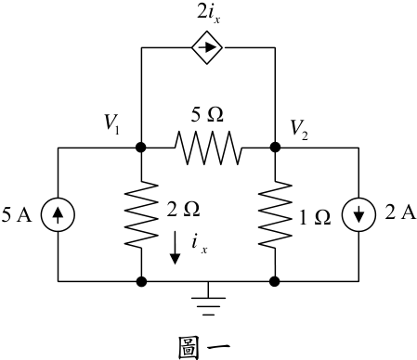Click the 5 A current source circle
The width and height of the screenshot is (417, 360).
click(58, 214)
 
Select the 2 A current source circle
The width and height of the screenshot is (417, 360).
click(358, 214)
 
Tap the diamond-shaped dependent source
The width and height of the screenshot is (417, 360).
click(207, 47)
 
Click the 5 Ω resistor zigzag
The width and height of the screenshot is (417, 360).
click(208, 148)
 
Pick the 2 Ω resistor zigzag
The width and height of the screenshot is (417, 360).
click(141, 214)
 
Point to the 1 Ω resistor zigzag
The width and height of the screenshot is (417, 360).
click(275, 214)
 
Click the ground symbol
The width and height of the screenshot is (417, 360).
click(208, 299)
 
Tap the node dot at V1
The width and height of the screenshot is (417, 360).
click(141, 148)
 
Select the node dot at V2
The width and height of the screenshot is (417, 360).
click(275, 148)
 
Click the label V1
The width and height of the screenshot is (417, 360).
click(111, 124)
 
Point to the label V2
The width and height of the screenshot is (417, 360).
click(299, 130)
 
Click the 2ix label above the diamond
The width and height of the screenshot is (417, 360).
click(209, 14)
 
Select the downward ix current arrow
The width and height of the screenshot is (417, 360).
click(175, 248)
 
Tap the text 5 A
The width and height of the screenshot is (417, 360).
click(17, 214)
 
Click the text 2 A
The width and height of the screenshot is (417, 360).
click(400, 212)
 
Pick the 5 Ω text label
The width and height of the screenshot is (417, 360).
click(207, 114)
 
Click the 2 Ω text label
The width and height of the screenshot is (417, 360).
click(183, 209)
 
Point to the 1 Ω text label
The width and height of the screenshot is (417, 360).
click(315, 217)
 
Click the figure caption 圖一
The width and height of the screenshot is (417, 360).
click(204, 348)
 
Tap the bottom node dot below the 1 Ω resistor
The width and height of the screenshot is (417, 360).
click(275, 281)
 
